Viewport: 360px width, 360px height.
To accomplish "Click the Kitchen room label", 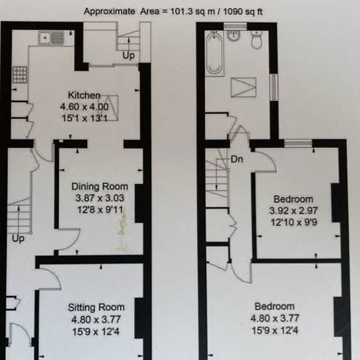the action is tap(84, 96).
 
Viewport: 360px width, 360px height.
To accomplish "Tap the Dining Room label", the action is tap(99, 187).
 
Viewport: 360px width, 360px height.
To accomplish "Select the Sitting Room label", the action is tap(96, 307).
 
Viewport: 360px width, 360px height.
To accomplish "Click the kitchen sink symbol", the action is tap(51, 38).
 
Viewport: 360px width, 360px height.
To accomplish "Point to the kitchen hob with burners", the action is tap(20, 75).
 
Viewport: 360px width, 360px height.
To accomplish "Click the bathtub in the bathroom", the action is tap(214, 53).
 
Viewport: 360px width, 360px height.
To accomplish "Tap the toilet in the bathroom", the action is tap(257, 39).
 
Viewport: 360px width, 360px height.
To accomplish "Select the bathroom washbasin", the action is tap(234, 36).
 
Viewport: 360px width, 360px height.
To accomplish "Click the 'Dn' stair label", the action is tap(237, 159).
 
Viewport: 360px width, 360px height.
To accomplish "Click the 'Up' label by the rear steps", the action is tap(128, 56).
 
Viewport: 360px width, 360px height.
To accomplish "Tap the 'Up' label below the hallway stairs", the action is tap(18, 239).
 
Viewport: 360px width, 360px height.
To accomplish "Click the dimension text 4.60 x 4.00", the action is tap(84, 107).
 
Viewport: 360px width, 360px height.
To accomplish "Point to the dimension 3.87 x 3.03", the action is tap(100, 198).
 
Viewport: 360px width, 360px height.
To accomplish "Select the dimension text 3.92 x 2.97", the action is tap(293, 211).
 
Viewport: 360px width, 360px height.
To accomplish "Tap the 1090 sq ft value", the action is tap(243, 12).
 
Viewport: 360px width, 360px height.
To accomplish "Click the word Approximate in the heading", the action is tap(109, 12).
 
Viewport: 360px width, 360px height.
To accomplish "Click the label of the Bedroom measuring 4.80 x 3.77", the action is tap(275, 306).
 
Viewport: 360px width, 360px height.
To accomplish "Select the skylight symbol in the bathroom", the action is tap(243, 88).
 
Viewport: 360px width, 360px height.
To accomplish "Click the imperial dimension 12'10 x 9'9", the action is tap(294, 223).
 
